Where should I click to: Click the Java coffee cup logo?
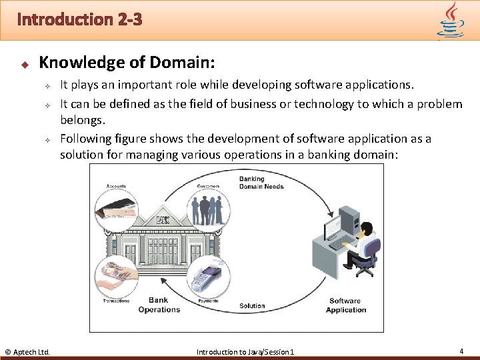pos(451,20)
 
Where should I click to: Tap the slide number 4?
pos(461,351)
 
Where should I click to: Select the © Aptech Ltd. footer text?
pos(27,351)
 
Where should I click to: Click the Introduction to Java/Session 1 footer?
pos(245,351)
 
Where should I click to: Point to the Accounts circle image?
pos(117,211)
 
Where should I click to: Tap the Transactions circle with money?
pos(117,277)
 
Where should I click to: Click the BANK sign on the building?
pos(162,221)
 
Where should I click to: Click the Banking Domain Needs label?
pos(261,183)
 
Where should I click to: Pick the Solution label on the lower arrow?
pos(252,306)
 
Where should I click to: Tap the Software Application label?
pos(346,305)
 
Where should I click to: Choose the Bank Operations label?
pos(159,305)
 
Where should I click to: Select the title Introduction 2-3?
pos(79,19)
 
